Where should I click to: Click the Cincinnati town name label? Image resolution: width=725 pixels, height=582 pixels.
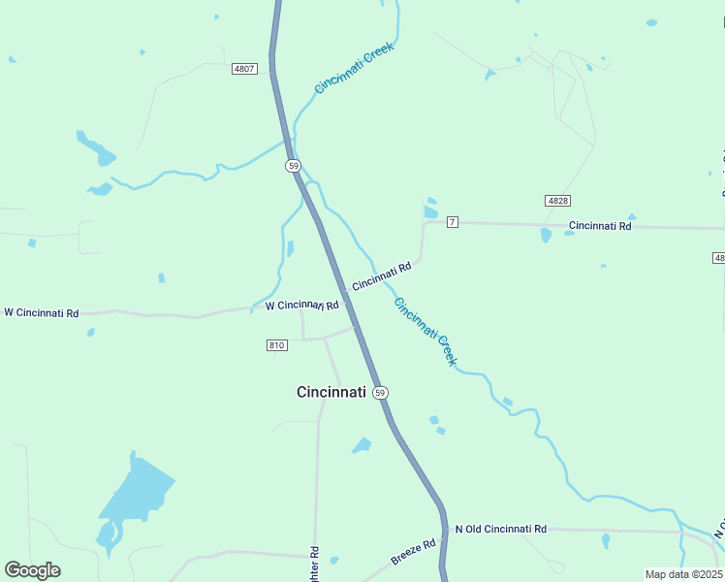click(x=331, y=392)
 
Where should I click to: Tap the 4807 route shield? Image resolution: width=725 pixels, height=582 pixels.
click(x=244, y=69)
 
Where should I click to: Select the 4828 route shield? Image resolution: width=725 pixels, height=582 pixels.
click(x=556, y=200)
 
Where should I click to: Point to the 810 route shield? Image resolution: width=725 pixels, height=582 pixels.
click(x=277, y=345)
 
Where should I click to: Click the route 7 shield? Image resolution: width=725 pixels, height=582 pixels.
click(x=453, y=222)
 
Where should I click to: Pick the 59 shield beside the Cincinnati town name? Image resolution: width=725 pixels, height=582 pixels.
click(x=380, y=393)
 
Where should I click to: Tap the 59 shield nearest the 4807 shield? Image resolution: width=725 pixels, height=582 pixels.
click(x=293, y=166)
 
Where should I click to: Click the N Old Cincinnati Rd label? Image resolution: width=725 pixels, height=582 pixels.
click(x=501, y=529)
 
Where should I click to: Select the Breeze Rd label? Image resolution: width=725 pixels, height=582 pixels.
click(x=414, y=552)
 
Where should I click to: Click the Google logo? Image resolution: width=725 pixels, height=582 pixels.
click(x=32, y=570)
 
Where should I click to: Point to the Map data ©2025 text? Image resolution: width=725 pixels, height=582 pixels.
click(x=683, y=574)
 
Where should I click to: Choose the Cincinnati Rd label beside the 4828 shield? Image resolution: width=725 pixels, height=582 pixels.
click(x=600, y=226)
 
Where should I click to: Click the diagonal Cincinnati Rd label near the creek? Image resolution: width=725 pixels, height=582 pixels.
click(x=382, y=276)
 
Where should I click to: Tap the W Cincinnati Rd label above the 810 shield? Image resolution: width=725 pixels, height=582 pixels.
click(x=301, y=306)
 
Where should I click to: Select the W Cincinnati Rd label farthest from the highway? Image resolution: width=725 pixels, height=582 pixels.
click(x=41, y=312)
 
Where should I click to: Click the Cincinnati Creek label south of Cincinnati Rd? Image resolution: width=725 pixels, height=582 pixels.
click(x=425, y=331)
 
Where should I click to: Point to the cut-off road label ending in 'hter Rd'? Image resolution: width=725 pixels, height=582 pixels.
click(x=315, y=565)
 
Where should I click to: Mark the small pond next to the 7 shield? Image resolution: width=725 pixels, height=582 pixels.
click(x=430, y=211)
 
